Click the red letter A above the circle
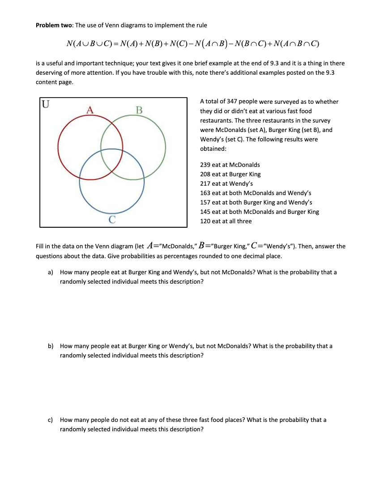(90, 110)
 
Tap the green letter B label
(139, 110)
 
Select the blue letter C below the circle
(112, 219)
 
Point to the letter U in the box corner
(46, 105)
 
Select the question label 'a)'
(51, 272)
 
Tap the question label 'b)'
(51, 346)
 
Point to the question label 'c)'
(51, 420)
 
